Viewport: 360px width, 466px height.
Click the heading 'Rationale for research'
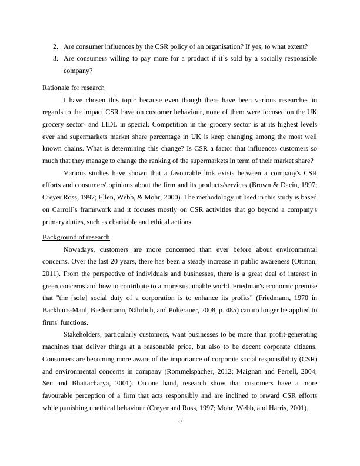coord(74,88)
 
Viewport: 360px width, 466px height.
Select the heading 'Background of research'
coord(76,237)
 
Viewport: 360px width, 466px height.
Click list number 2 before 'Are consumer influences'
coord(55,46)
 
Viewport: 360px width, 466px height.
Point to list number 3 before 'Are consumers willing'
coord(55,58)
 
